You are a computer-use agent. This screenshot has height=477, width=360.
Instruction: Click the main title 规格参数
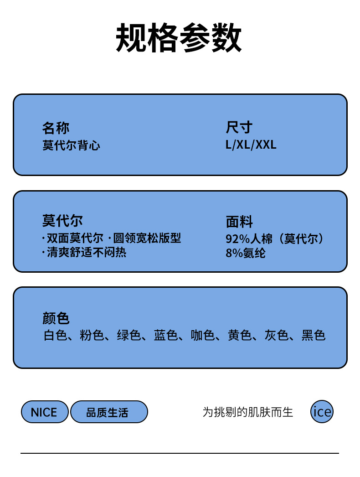click(x=179, y=38)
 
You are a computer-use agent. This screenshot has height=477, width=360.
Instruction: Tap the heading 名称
click(x=56, y=128)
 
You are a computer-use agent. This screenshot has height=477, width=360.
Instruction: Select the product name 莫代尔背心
click(x=71, y=145)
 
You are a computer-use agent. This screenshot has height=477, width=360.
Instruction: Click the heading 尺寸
click(x=239, y=128)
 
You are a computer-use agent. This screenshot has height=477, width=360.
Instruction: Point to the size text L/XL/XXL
click(x=251, y=145)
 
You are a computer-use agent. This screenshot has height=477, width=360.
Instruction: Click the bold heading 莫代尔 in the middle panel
click(x=62, y=221)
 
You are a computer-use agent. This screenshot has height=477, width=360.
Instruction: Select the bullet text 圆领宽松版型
click(x=147, y=238)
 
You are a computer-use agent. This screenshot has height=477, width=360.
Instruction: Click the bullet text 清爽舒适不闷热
click(x=86, y=252)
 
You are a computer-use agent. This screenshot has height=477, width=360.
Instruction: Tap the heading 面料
click(x=239, y=222)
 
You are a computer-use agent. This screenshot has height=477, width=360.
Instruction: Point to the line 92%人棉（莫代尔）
click(x=276, y=239)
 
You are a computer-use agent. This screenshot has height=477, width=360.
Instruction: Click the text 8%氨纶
click(x=245, y=253)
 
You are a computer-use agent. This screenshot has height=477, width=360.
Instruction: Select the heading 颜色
click(x=56, y=318)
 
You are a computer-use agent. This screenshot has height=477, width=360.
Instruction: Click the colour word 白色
click(x=55, y=336)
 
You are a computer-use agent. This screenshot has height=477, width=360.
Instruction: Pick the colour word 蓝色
click(x=165, y=336)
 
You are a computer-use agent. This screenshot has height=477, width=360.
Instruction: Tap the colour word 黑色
click(x=314, y=336)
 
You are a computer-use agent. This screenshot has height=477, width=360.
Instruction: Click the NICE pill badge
click(x=44, y=412)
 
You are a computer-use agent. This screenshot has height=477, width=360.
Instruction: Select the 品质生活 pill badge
click(x=108, y=412)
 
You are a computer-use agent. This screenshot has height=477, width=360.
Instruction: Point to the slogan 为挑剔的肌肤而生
click(x=247, y=412)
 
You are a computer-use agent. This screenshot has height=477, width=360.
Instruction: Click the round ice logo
click(x=322, y=412)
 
